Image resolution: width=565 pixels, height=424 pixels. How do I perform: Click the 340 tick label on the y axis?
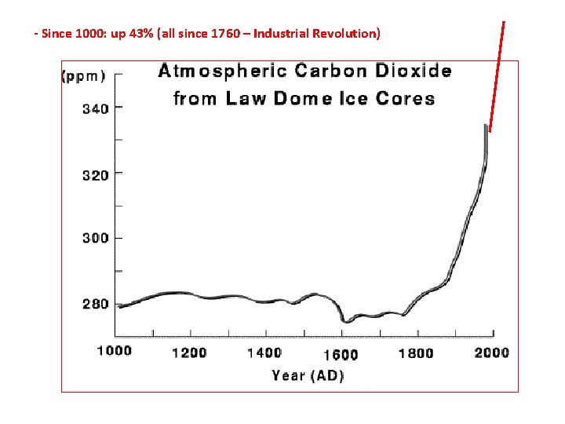point(96,109)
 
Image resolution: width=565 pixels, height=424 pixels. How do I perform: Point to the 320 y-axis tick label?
point(96,175)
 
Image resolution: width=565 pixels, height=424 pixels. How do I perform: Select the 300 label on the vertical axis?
point(96,238)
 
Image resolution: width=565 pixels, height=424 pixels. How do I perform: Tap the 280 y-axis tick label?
point(96,304)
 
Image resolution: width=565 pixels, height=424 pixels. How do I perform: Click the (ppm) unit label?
point(83,76)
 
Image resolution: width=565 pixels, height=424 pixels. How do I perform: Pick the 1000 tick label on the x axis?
point(115,351)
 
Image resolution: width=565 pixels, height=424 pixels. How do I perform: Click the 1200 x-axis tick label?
point(189,353)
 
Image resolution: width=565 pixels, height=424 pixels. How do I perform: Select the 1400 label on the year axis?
point(264,353)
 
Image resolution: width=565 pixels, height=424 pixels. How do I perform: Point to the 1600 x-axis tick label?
point(339,354)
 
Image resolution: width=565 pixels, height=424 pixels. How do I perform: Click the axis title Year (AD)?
point(308,375)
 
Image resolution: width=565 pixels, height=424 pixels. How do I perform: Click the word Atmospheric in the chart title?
point(222,72)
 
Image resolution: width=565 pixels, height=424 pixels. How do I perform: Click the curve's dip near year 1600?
point(345,320)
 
